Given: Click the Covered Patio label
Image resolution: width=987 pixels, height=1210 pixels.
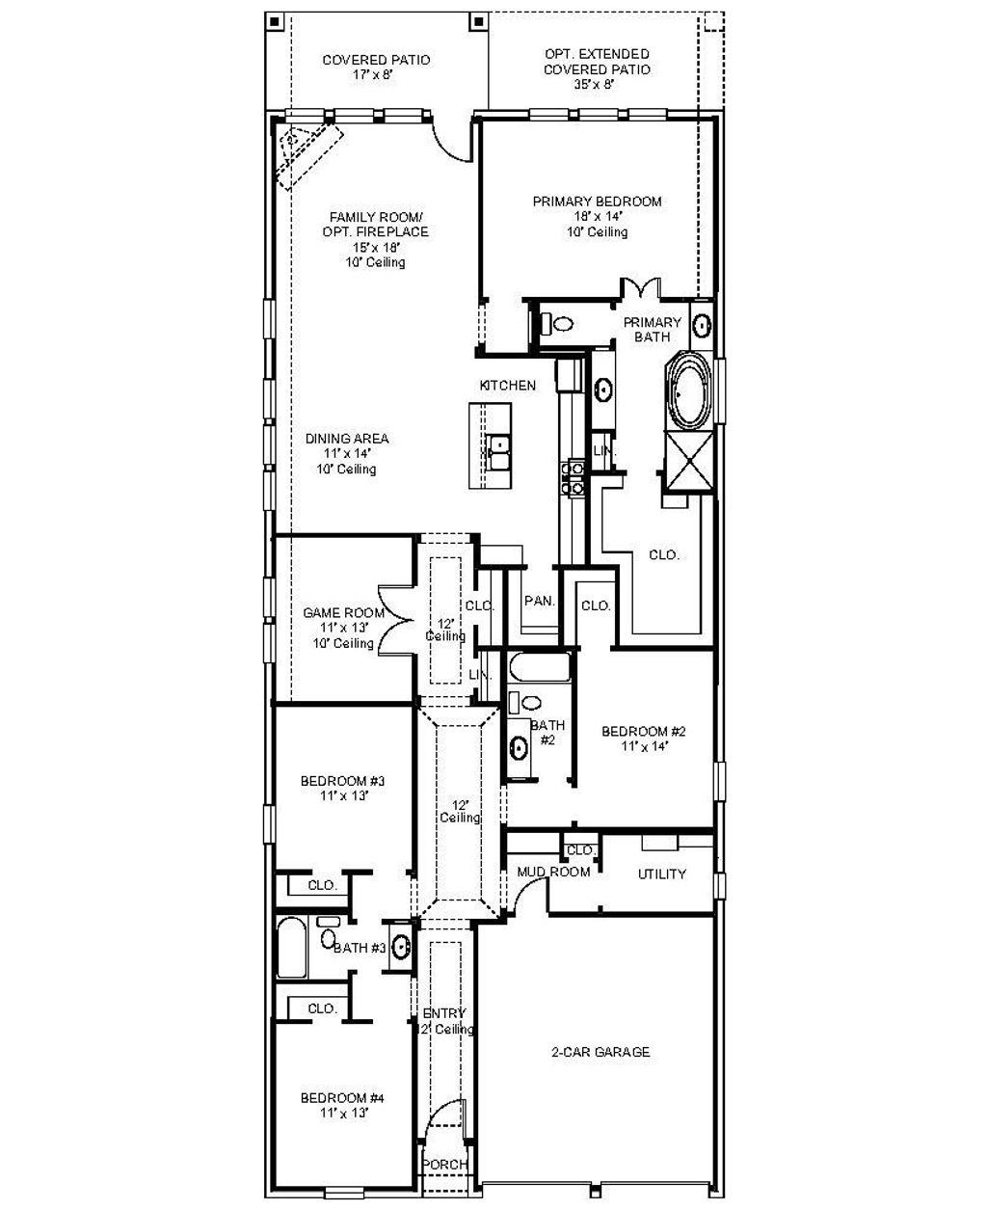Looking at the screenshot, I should pyautogui.click(x=376, y=67).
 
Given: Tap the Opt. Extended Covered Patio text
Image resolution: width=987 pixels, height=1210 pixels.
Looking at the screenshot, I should pyautogui.click(x=597, y=68).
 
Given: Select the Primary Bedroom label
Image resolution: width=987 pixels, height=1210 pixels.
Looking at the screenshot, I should pyautogui.click(x=597, y=216).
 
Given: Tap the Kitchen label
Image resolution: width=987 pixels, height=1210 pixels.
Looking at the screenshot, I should pyautogui.click(x=508, y=386).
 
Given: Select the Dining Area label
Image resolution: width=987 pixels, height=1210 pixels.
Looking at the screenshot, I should pyautogui.click(x=347, y=453).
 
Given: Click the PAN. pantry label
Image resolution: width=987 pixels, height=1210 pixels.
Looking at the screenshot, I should pyautogui.click(x=539, y=601).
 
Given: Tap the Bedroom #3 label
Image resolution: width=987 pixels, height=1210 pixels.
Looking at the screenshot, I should pyautogui.click(x=342, y=788).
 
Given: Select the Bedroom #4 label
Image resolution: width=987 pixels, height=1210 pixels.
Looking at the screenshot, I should pyautogui.click(x=342, y=1105).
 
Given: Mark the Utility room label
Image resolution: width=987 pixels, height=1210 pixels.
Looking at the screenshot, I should pyautogui.click(x=662, y=874).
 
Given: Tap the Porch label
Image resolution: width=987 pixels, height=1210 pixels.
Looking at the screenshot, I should pyautogui.click(x=446, y=1165).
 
